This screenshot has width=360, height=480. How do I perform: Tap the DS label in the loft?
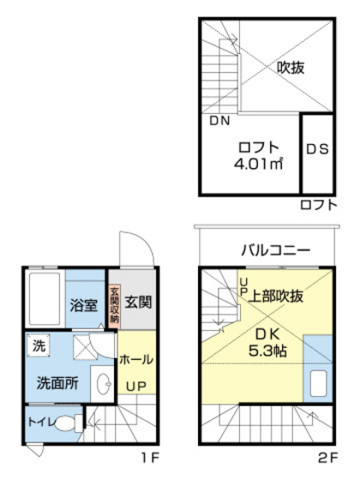coord(316,148)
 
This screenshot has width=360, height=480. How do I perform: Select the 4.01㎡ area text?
coord(259,161)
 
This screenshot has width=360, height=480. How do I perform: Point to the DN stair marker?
coord(219,121)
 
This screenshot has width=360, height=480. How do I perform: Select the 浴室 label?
coord(83,304)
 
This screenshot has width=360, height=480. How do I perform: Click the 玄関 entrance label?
coord(137,303)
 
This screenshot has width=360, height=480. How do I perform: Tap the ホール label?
coord(136,358)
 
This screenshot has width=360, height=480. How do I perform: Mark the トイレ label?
coord(39,422)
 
